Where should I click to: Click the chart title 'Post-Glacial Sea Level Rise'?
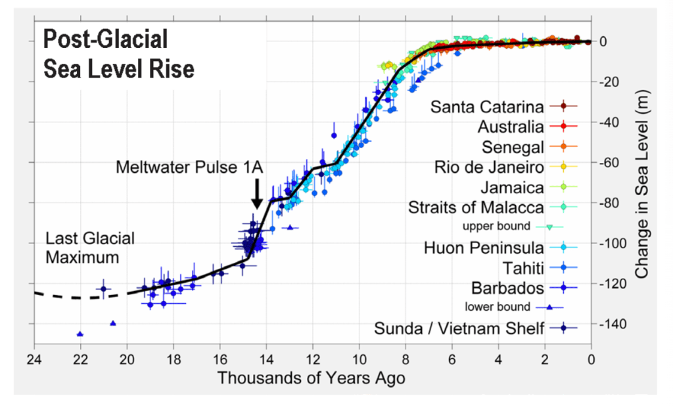118,54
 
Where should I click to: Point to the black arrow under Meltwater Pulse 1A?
257,193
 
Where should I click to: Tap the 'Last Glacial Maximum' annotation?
89,247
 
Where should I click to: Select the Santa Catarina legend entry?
487,106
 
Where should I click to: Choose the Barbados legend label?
507,288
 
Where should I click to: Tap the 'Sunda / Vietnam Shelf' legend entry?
459,328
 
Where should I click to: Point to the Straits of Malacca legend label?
476,208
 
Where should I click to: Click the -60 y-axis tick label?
614,162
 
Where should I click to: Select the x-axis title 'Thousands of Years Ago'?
311,379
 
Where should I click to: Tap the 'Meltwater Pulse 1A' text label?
189,168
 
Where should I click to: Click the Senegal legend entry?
512,147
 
